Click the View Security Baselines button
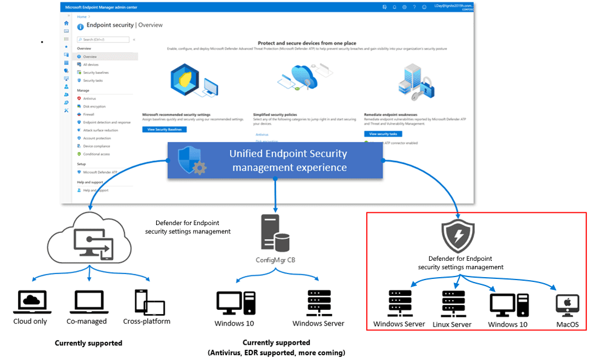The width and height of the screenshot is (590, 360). (x=165, y=129)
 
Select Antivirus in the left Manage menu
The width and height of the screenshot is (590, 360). (x=90, y=98)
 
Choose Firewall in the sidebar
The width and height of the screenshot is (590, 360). (x=89, y=114)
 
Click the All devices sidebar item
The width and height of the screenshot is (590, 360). (x=91, y=64)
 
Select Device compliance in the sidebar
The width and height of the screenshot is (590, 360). (x=97, y=146)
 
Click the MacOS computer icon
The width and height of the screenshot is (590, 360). (x=567, y=306)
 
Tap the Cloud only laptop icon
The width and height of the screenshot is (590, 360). (x=30, y=302)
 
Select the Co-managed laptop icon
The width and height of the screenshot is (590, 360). (x=90, y=302)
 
